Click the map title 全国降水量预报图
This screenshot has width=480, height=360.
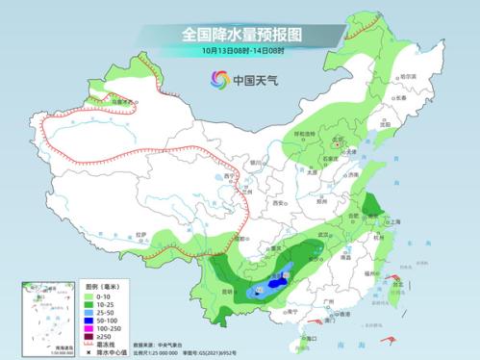click(240, 33)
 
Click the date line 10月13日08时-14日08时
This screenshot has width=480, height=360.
click(240, 49)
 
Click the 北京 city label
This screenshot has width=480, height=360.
click(337, 141)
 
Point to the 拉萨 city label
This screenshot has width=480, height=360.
click(142, 234)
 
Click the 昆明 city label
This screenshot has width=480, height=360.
click(227, 290)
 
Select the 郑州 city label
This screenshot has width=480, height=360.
click(323, 204)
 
